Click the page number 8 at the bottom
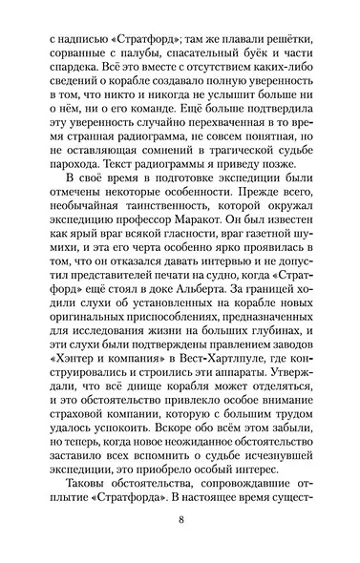[180, 520]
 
